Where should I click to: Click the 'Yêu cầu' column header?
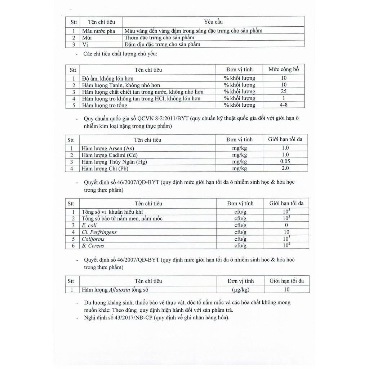(x=213, y=22)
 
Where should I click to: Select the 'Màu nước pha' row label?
(x=98, y=31)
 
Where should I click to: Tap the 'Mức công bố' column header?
(x=284, y=69)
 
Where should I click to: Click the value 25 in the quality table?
(x=283, y=92)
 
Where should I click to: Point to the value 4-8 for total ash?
(x=283, y=105)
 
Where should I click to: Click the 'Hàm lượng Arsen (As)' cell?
(x=108, y=148)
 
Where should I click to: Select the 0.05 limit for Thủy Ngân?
(x=285, y=161)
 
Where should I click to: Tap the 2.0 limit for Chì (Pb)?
(x=285, y=168)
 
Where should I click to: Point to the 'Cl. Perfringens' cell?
(x=99, y=232)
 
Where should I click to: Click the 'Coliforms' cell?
(x=93, y=239)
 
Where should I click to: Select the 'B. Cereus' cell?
(x=93, y=246)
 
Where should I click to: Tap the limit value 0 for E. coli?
(x=286, y=225)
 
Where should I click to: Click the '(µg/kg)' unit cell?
(x=240, y=289)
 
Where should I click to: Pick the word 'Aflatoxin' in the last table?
(x=121, y=289)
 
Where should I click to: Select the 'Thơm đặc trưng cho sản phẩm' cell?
(x=159, y=37)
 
